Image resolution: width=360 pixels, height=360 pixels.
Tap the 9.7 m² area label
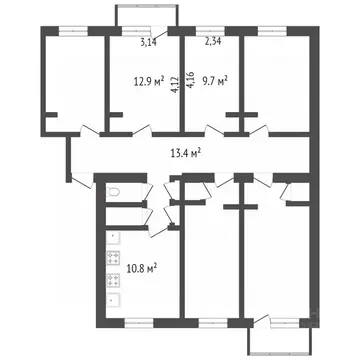click(x=216, y=79)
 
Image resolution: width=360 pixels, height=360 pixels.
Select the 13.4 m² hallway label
click(x=185, y=152)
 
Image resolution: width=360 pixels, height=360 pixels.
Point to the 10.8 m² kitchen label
click(x=142, y=267)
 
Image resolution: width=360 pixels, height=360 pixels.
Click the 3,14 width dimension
click(x=147, y=42)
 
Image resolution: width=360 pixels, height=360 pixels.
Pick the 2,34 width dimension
click(x=213, y=42)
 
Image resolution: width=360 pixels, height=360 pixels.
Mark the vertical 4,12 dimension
click(x=174, y=84)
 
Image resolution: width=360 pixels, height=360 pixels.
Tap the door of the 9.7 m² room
click(x=213, y=127)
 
